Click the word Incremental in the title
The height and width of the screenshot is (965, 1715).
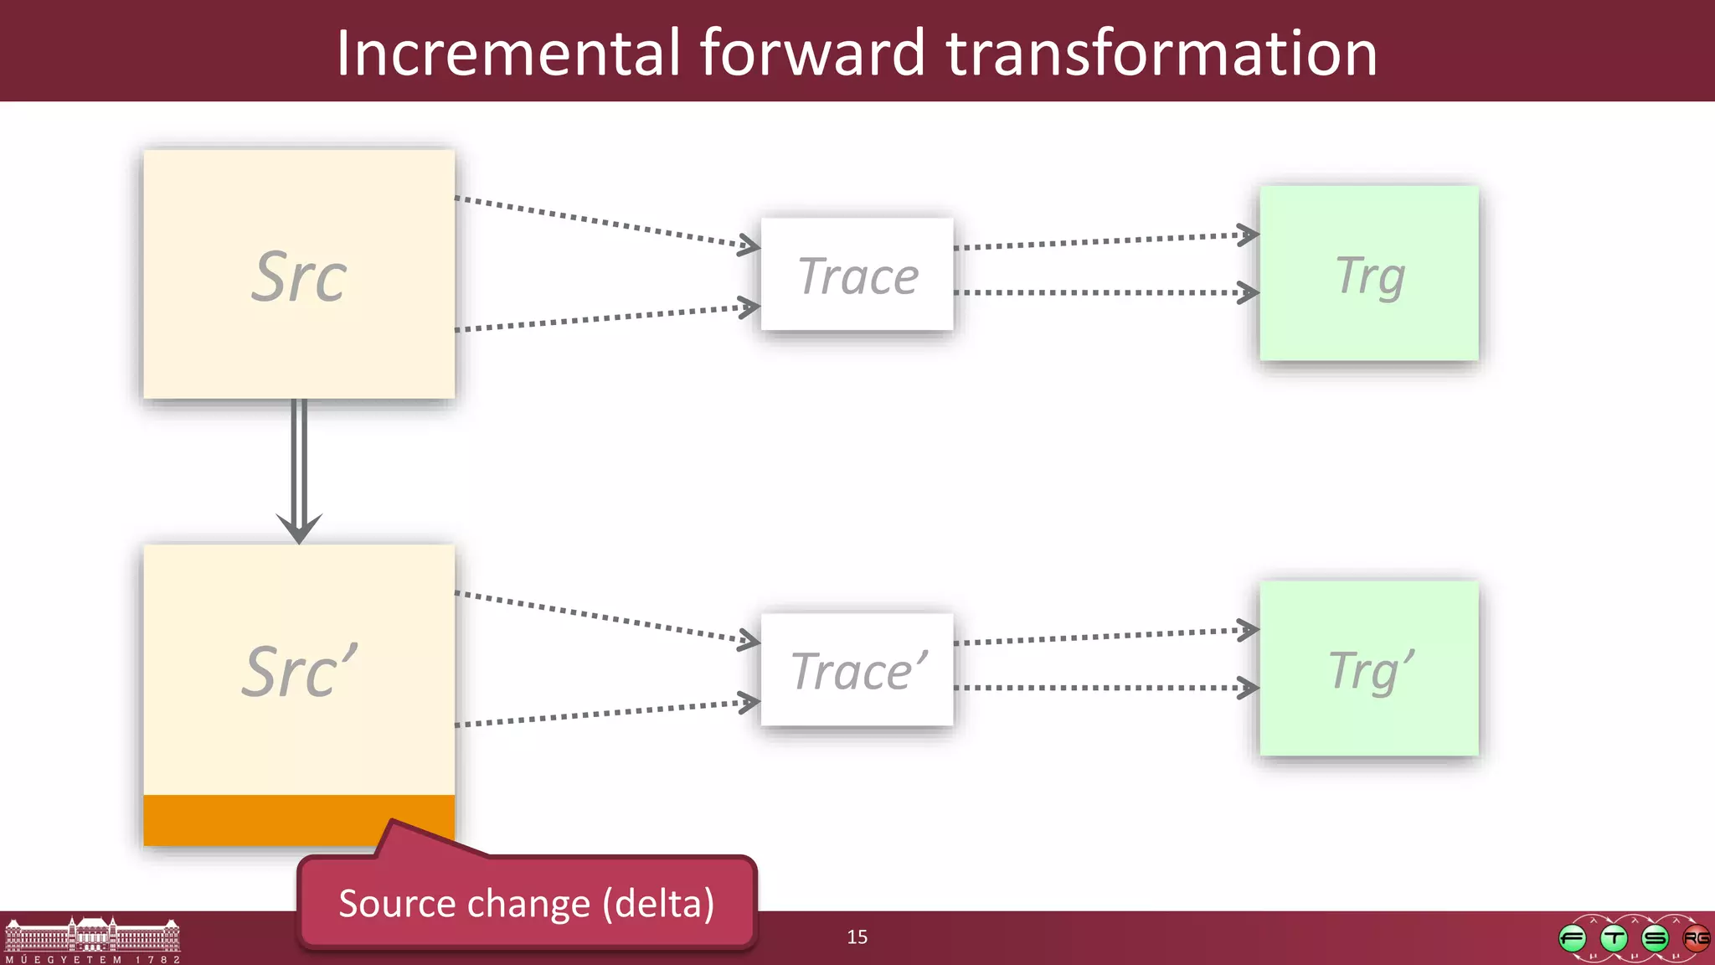(508, 54)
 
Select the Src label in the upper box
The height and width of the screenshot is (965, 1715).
(299, 277)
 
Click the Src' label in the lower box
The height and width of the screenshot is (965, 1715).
(299, 672)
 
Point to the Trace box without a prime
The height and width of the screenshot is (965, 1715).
(857, 275)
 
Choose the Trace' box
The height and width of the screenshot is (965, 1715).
(857, 670)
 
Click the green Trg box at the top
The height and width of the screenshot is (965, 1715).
(1369, 274)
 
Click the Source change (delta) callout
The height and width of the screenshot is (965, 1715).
(526, 904)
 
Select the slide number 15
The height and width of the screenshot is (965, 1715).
(857, 937)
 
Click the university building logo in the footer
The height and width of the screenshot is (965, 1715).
(92, 938)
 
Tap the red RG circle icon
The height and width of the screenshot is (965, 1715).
(1697, 938)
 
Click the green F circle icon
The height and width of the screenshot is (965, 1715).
(1573, 938)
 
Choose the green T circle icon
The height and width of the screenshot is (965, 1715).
(1614, 938)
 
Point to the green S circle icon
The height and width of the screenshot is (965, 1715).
(1655, 938)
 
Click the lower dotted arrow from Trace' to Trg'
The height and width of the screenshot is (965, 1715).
(1105, 688)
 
